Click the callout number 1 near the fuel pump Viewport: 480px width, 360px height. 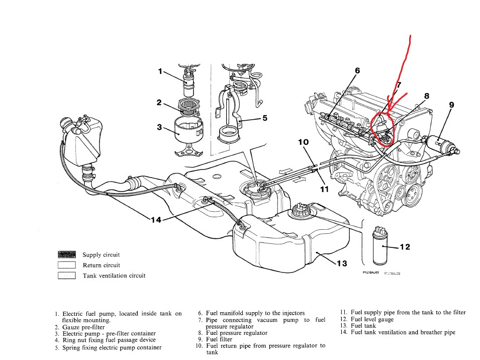[x=160, y=71]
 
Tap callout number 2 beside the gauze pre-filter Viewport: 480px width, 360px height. [x=159, y=103]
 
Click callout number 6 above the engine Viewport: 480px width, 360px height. [x=357, y=71]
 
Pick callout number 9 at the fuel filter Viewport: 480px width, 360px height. [x=451, y=105]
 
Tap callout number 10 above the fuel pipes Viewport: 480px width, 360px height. [x=303, y=142]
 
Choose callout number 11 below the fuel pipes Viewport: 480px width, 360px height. [x=324, y=189]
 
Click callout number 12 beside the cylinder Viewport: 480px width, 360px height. [x=405, y=246]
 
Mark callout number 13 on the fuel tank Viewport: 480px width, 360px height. [x=342, y=263]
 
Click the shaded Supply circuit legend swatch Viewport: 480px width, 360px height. [x=67, y=255]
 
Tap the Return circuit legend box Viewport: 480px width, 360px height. [x=67, y=265]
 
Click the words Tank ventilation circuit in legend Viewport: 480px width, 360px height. [x=114, y=275]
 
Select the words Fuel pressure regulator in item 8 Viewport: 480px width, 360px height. [x=236, y=333]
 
